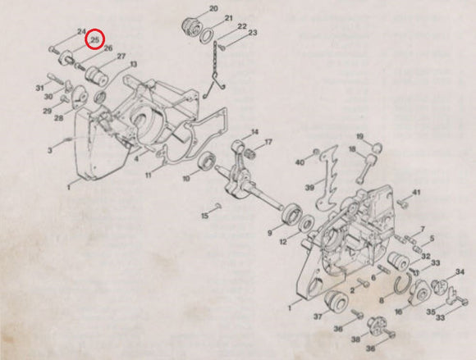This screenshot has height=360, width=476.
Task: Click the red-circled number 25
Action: [95, 40]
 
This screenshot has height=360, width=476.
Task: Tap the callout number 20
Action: [213, 8]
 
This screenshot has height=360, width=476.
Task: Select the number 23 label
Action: [253, 33]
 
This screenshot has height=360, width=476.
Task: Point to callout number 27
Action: [121, 57]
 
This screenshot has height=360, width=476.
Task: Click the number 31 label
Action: [39, 89]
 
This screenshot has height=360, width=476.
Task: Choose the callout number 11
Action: [149, 175]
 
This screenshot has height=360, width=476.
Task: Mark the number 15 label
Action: [205, 216]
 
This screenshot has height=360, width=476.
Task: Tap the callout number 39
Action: [309, 188]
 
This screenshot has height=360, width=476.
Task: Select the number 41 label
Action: [416, 192]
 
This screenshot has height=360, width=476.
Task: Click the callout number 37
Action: [318, 317]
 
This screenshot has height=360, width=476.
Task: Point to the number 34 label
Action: [460, 272]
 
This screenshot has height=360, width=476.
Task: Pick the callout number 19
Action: [359, 137]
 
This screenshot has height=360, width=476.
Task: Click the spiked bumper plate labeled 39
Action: [327, 179]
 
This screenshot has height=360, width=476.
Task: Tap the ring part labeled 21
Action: [207, 35]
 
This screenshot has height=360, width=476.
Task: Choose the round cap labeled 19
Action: [377, 148]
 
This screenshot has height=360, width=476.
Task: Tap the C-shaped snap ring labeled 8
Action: [397, 285]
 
